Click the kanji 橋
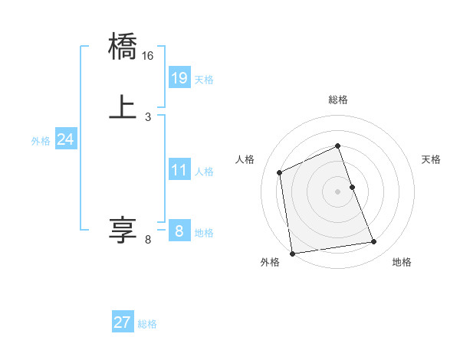123,47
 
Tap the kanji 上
123,106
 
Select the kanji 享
123,229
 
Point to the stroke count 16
148,56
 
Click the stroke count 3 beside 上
147,116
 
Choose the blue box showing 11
179,170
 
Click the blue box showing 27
122,322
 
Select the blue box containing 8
179,231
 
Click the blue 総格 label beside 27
147,324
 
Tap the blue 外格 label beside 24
41,140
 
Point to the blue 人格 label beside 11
205,172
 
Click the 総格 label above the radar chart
337,100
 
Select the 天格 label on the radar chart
431,159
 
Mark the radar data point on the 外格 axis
292,253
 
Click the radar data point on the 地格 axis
374,242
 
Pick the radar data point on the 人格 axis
280,172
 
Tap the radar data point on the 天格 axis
352,187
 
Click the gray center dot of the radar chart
337,191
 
